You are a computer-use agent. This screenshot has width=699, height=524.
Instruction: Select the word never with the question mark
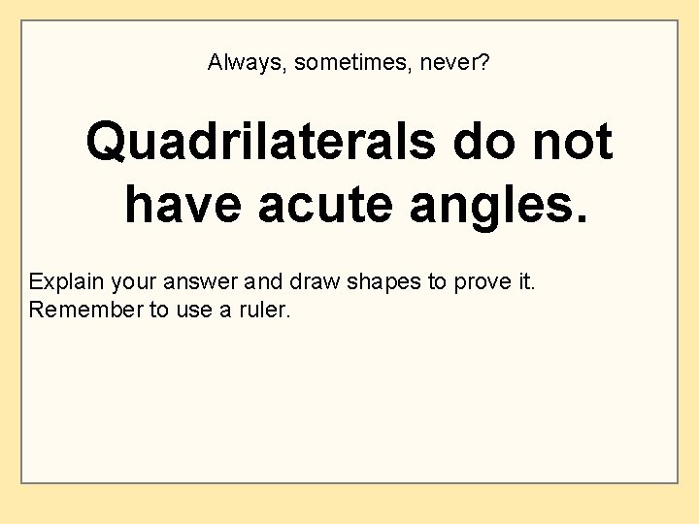coord(461,64)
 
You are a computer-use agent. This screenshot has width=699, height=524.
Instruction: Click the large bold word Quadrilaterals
coord(260,143)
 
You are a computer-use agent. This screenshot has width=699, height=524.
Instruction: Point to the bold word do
coord(483,143)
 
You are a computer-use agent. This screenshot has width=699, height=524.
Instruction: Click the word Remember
coord(84,311)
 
